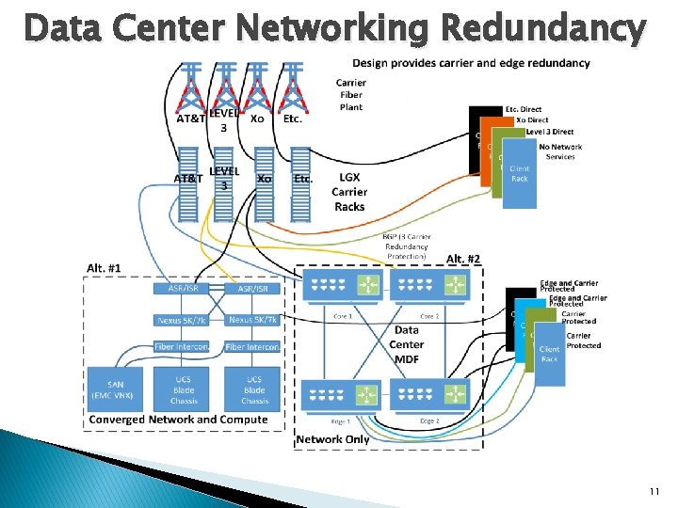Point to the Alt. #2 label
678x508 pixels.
(462, 259)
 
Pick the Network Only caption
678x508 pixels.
(332, 439)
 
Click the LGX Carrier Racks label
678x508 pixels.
(349, 192)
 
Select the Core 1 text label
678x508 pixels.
(343, 316)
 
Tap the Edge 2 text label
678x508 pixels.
(428, 421)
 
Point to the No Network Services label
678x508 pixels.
(560, 151)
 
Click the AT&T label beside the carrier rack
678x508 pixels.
(187, 179)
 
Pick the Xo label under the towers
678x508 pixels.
(257, 119)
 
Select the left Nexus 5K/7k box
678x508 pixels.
(182, 320)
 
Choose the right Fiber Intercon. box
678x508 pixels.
(252, 347)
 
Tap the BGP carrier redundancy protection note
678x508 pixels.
(406, 246)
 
